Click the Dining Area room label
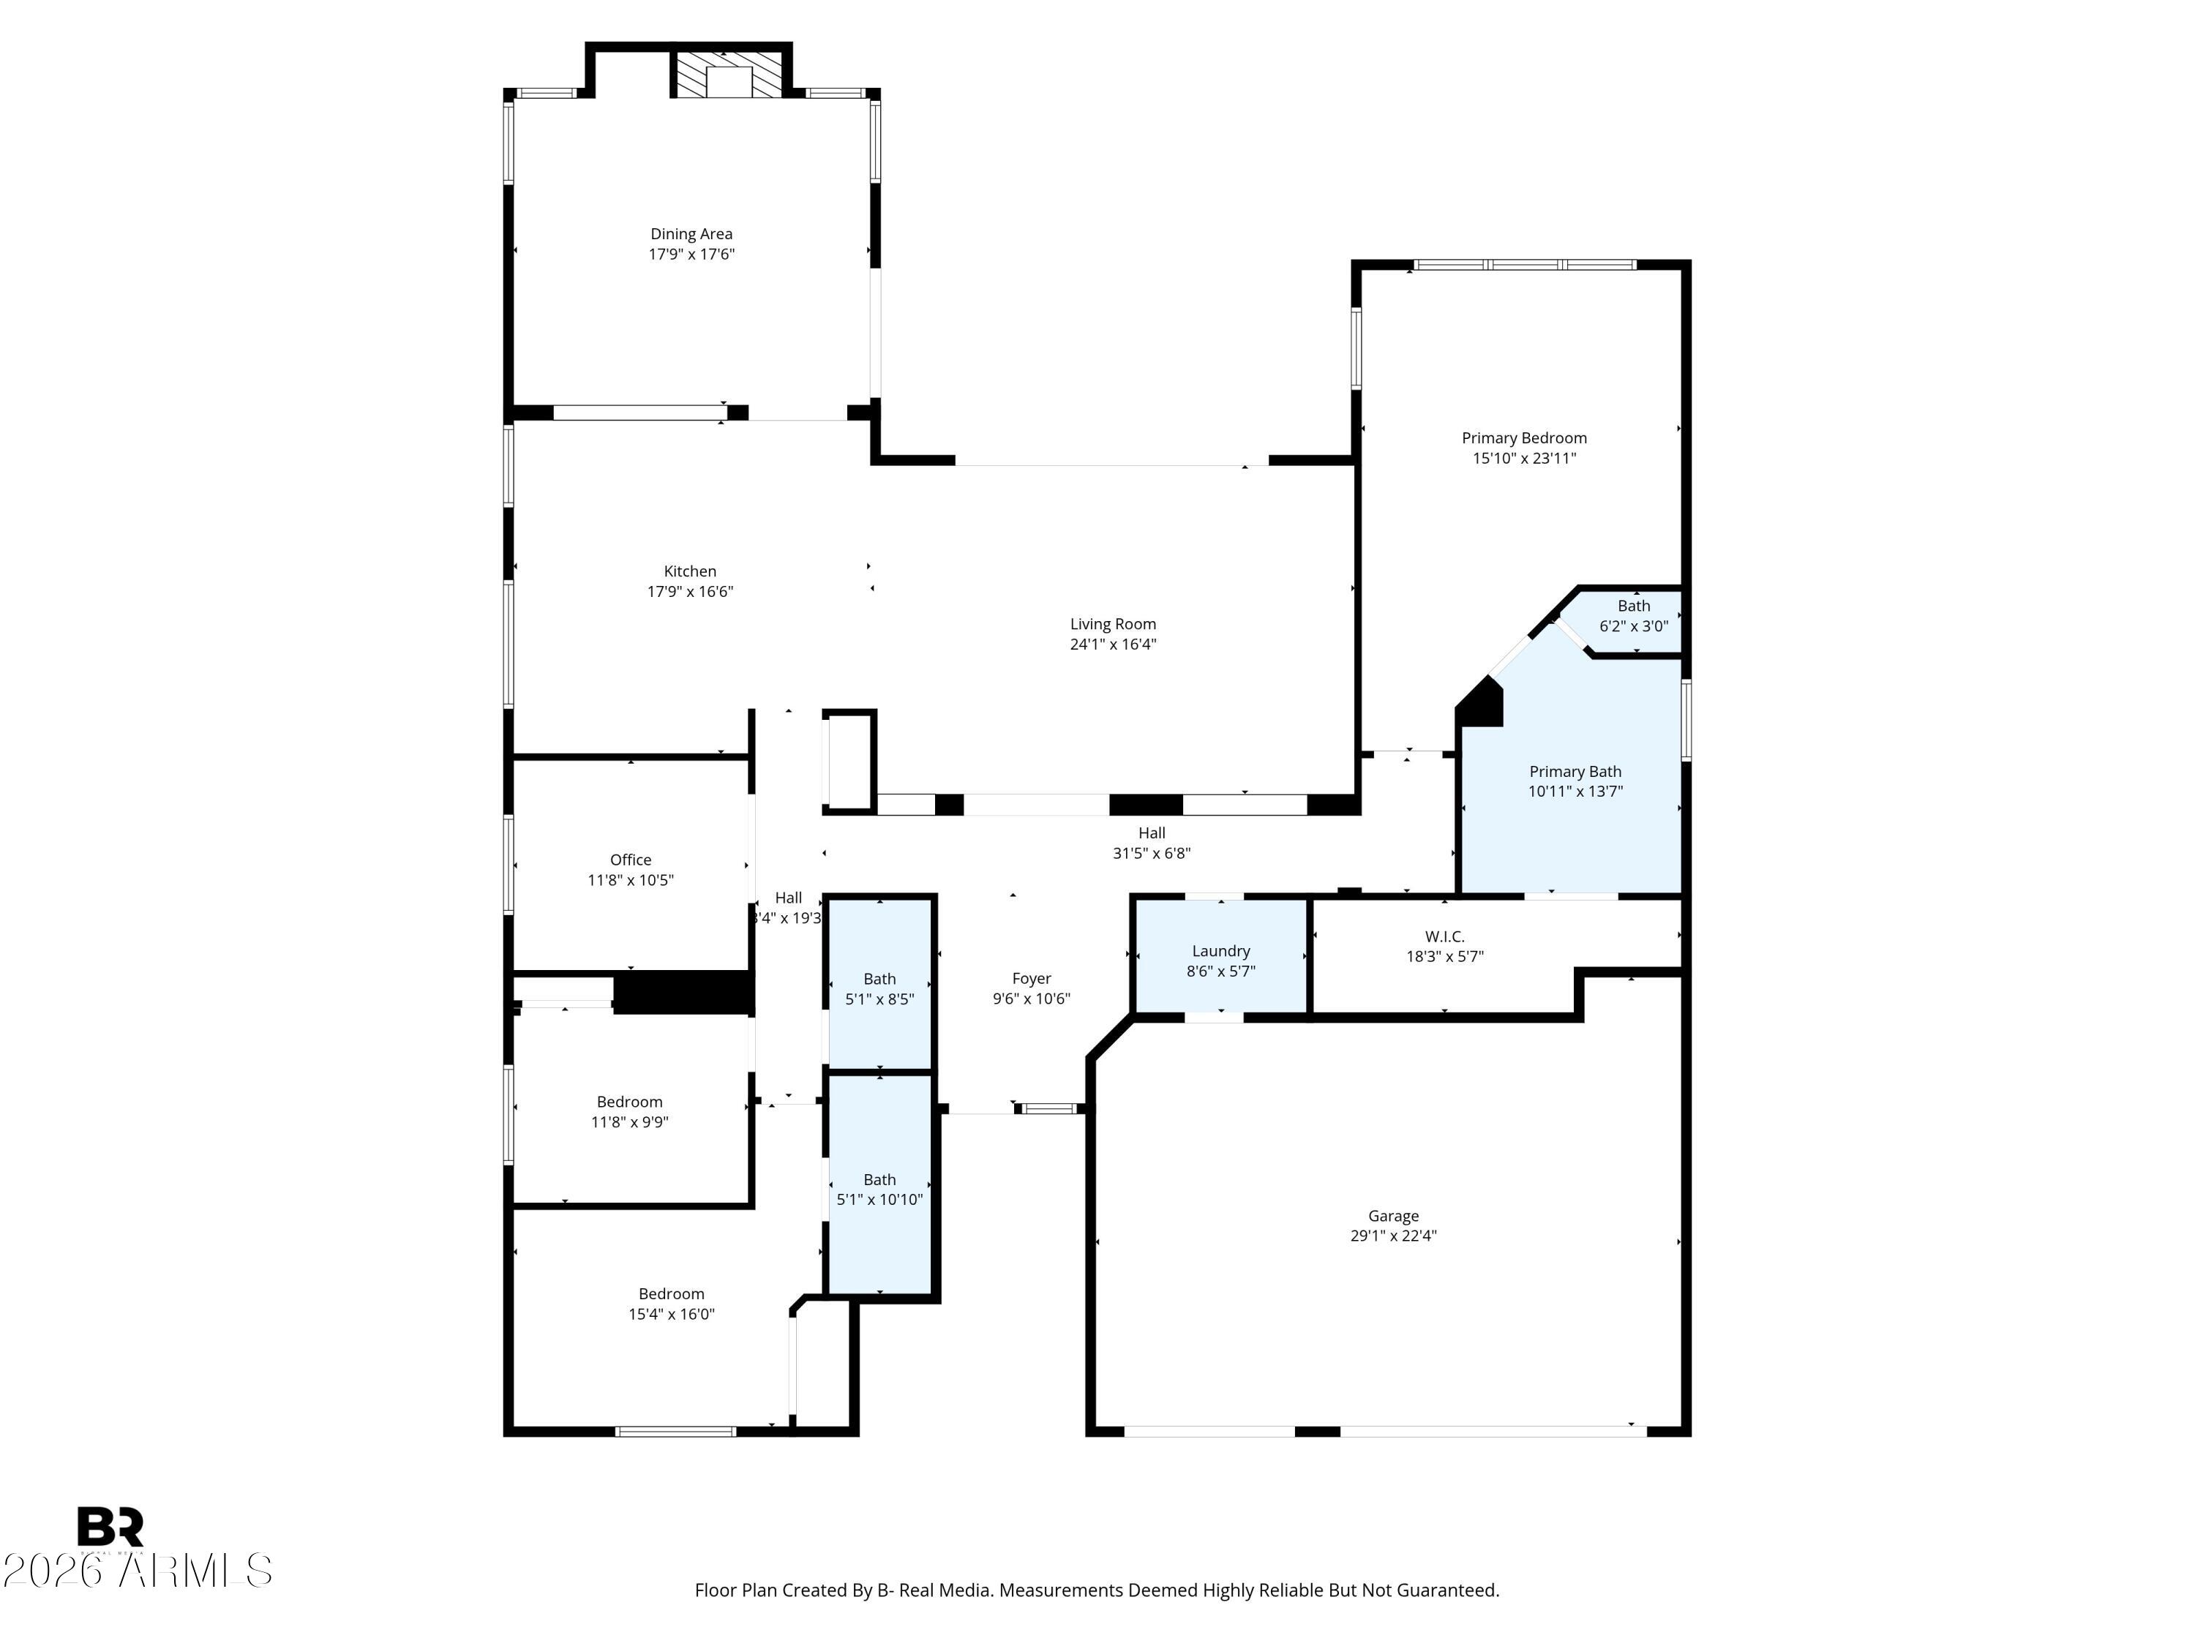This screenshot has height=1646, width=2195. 691,234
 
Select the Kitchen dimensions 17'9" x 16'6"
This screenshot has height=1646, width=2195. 690,591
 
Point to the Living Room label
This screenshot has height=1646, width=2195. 1112,624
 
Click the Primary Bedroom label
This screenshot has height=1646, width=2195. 1523,437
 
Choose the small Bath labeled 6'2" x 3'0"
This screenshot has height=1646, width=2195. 1632,616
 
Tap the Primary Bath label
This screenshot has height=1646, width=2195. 1575,771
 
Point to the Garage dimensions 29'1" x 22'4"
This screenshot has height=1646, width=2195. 1393,1236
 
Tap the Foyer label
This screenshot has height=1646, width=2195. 1031,978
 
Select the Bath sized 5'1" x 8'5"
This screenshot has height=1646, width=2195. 879,988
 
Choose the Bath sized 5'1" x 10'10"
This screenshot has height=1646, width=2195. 879,1189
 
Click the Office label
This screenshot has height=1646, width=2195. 630,860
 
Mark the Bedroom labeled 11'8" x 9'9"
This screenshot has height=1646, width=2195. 629,1111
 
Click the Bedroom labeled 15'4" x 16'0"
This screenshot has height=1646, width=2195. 671,1303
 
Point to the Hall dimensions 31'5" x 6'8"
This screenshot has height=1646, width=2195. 1151,852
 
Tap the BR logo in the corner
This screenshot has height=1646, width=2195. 110,1526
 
